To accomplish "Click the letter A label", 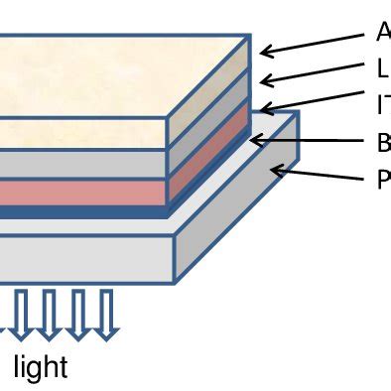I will [x=383, y=33].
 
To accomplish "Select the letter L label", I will [x=383, y=68].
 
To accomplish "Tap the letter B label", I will [x=383, y=143].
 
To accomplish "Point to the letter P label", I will [x=383, y=181].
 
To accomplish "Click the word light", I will [x=41, y=367].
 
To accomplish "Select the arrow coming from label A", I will [x=312, y=42].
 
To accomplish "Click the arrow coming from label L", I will [x=312, y=74].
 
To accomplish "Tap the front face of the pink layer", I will [x=79, y=192].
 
